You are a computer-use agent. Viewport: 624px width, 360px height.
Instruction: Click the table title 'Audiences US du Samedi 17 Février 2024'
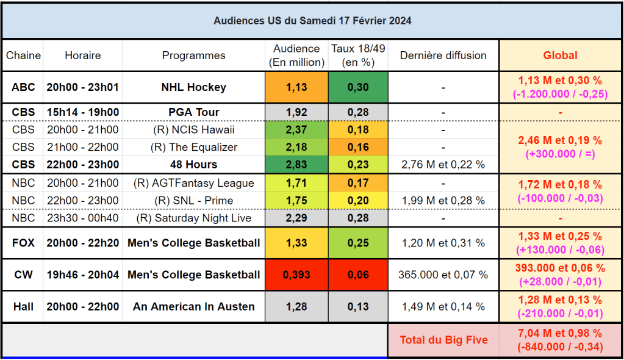[x=312, y=21]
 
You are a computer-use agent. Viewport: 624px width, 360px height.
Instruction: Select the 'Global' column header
[x=560, y=56]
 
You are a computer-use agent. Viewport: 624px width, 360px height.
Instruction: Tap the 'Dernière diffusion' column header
[x=443, y=56]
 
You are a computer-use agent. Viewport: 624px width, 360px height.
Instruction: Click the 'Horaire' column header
[x=83, y=56]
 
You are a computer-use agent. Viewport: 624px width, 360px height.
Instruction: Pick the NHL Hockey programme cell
[x=193, y=87]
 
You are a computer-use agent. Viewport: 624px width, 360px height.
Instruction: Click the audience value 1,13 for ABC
[x=296, y=87]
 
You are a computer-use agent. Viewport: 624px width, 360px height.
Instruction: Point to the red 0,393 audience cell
[x=296, y=275]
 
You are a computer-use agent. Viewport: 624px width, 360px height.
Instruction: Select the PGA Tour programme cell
[x=193, y=112]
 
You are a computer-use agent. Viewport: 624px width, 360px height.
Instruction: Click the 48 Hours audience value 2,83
[x=296, y=165]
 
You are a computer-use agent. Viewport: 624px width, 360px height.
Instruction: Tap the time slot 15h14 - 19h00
[x=83, y=112]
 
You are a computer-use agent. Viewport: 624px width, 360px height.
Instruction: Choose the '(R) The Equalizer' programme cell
[x=193, y=147]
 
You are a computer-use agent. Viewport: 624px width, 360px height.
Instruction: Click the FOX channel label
[x=23, y=243]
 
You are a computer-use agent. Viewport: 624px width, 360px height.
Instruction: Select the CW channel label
[x=23, y=275]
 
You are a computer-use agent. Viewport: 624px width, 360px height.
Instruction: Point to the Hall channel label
[x=23, y=307]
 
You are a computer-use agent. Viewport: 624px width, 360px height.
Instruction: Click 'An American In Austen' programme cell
[x=193, y=307]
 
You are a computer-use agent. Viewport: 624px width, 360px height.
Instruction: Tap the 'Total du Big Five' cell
[x=443, y=340]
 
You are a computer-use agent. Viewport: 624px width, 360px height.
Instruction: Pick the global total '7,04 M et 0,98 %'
[x=560, y=333]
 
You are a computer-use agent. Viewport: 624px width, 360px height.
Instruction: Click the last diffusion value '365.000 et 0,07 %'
[x=443, y=275]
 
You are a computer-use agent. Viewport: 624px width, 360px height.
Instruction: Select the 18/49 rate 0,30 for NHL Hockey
[x=358, y=87]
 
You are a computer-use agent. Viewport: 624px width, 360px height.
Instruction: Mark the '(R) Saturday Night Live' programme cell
[x=193, y=218]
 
